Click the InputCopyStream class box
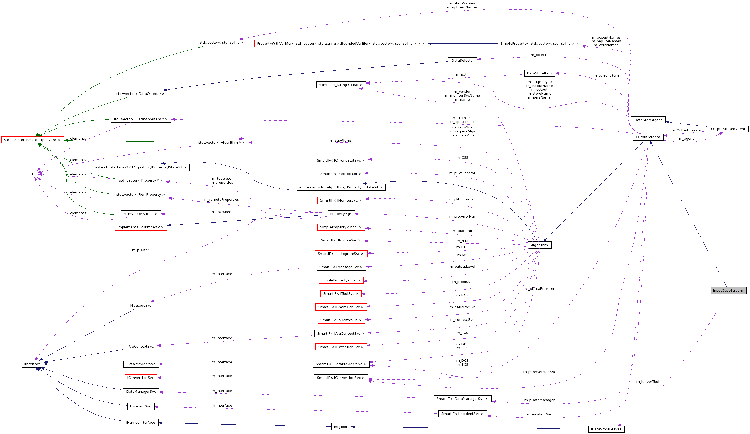(x=728, y=290)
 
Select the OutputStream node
(x=648, y=137)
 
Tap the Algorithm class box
(x=539, y=245)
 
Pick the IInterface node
(x=32, y=364)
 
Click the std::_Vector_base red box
(x=32, y=140)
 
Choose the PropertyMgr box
(x=341, y=214)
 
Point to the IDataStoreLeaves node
(x=606, y=429)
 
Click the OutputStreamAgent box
(x=728, y=129)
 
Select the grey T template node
(x=32, y=174)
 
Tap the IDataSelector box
(x=462, y=61)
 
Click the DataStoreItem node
(x=539, y=73)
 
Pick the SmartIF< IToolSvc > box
(x=341, y=294)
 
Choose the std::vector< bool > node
(x=140, y=214)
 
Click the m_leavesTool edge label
(x=648, y=382)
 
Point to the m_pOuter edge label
(x=140, y=250)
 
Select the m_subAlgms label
(x=340, y=140)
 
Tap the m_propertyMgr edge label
(x=462, y=216)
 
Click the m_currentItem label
(x=606, y=76)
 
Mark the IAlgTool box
(x=341, y=427)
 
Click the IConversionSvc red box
(x=140, y=378)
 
